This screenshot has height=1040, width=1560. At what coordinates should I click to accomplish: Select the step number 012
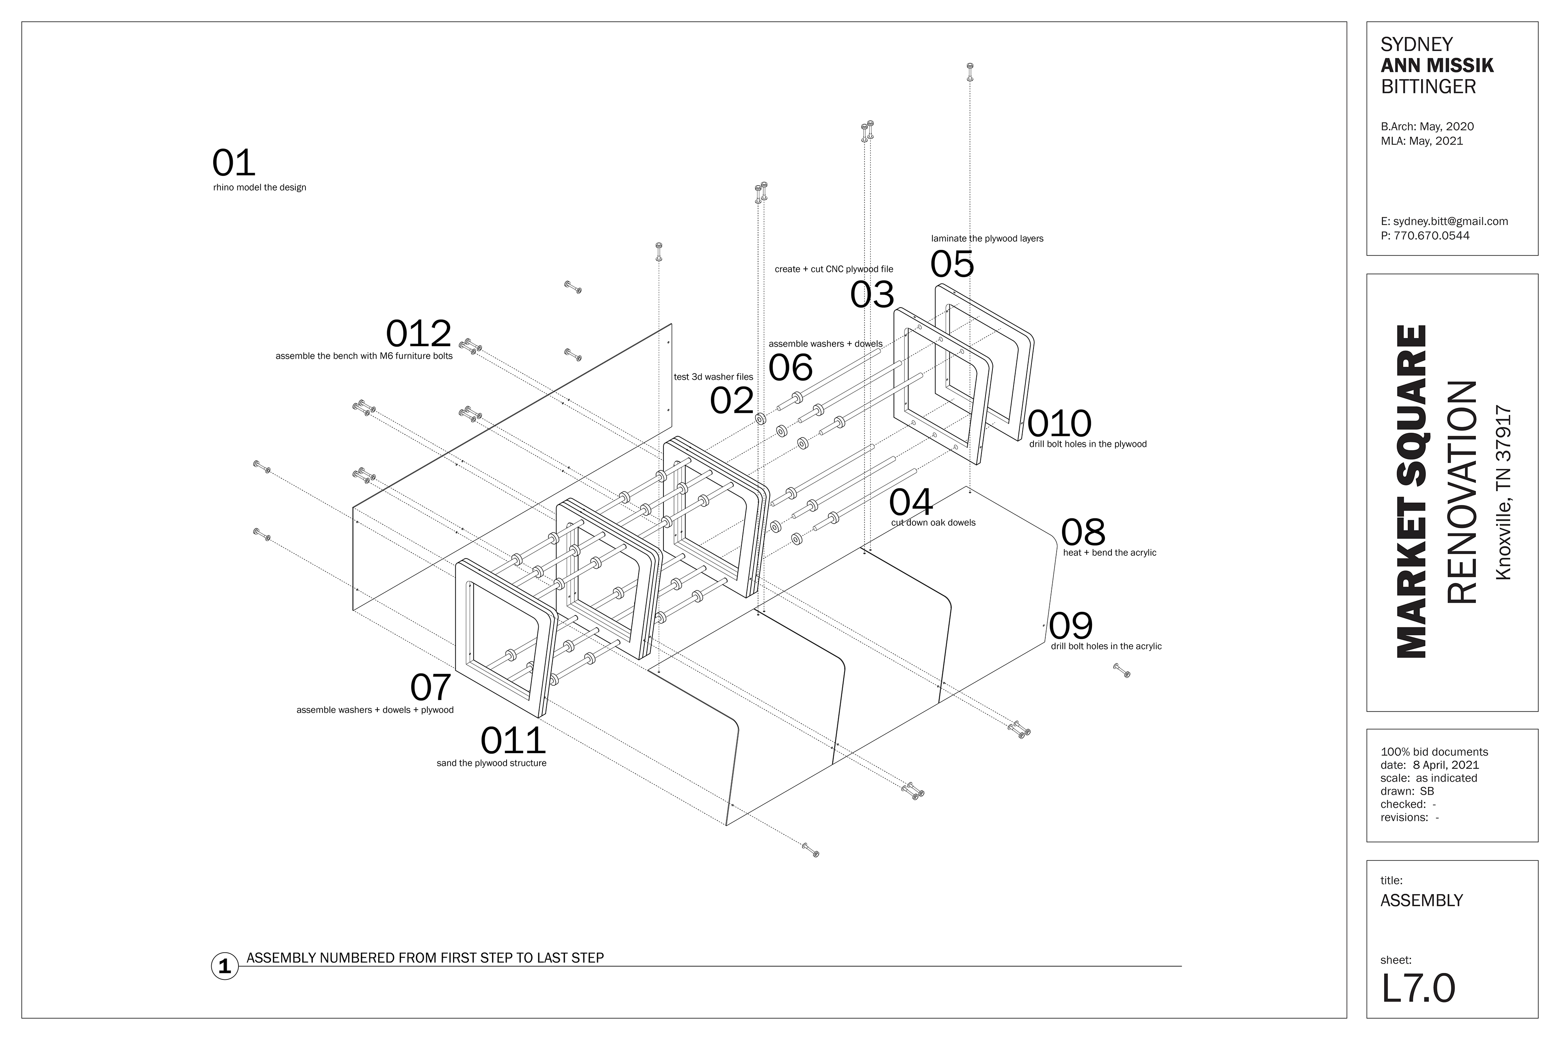[x=418, y=333]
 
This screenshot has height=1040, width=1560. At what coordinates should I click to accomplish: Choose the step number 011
[x=513, y=741]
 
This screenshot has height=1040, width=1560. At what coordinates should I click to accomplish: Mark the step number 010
[x=1059, y=423]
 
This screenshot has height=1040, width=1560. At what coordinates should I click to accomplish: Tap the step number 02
[x=732, y=400]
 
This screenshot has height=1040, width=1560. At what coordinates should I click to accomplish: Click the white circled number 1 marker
[x=225, y=966]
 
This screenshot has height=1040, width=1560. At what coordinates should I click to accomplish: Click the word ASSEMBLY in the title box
[x=1421, y=900]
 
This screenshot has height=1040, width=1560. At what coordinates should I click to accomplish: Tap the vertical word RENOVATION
[x=1461, y=492]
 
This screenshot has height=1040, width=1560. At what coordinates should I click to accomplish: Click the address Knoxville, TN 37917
[x=1503, y=494]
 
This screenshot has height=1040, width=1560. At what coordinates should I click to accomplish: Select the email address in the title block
[x=1444, y=221]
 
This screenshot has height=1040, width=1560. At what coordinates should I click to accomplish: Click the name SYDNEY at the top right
[x=1417, y=44]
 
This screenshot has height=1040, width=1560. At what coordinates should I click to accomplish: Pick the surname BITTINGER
[x=1428, y=86]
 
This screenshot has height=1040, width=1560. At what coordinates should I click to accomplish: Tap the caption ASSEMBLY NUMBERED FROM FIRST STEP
[x=425, y=958]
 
